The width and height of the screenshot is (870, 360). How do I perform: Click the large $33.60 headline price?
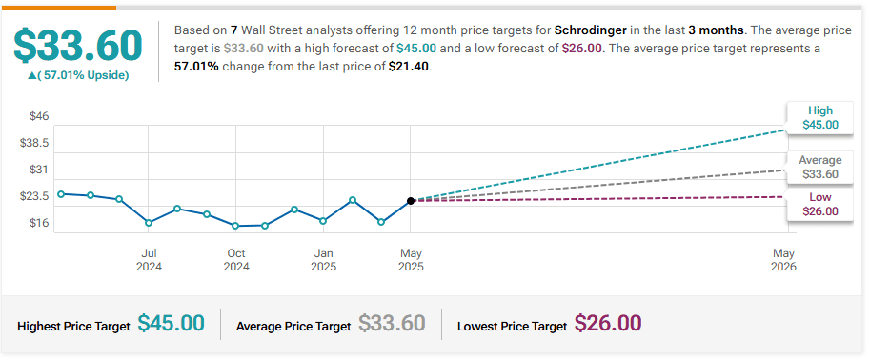pos(78,46)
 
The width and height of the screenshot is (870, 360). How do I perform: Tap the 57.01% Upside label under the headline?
pos(78,75)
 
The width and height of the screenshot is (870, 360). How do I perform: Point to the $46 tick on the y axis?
pos(39,116)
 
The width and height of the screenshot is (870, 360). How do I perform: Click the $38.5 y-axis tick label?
pos(34,143)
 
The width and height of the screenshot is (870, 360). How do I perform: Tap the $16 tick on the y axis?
pos(39,223)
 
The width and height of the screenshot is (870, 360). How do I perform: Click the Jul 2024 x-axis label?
pos(149,260)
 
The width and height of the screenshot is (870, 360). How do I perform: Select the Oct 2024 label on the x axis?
pos(236,260)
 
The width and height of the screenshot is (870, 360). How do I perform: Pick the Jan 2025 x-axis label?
pos(323,260)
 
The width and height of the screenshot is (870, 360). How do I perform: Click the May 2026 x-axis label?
pos(783,260)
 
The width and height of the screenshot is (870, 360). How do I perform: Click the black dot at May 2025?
pos(411,201)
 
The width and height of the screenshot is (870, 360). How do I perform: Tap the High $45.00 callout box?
pos(820,117)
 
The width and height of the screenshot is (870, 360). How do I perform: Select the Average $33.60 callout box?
pos(820,168)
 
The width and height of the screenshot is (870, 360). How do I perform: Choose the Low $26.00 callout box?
pos(820,204)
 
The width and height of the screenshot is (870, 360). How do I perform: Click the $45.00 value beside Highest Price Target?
pos(171,323)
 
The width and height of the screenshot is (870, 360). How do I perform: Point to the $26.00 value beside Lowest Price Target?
pos(608,323)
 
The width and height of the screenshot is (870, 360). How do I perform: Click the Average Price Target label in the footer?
pos(293,327)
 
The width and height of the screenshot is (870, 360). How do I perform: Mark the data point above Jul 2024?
pos(149,223)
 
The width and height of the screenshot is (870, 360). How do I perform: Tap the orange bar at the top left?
pos(59,8)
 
